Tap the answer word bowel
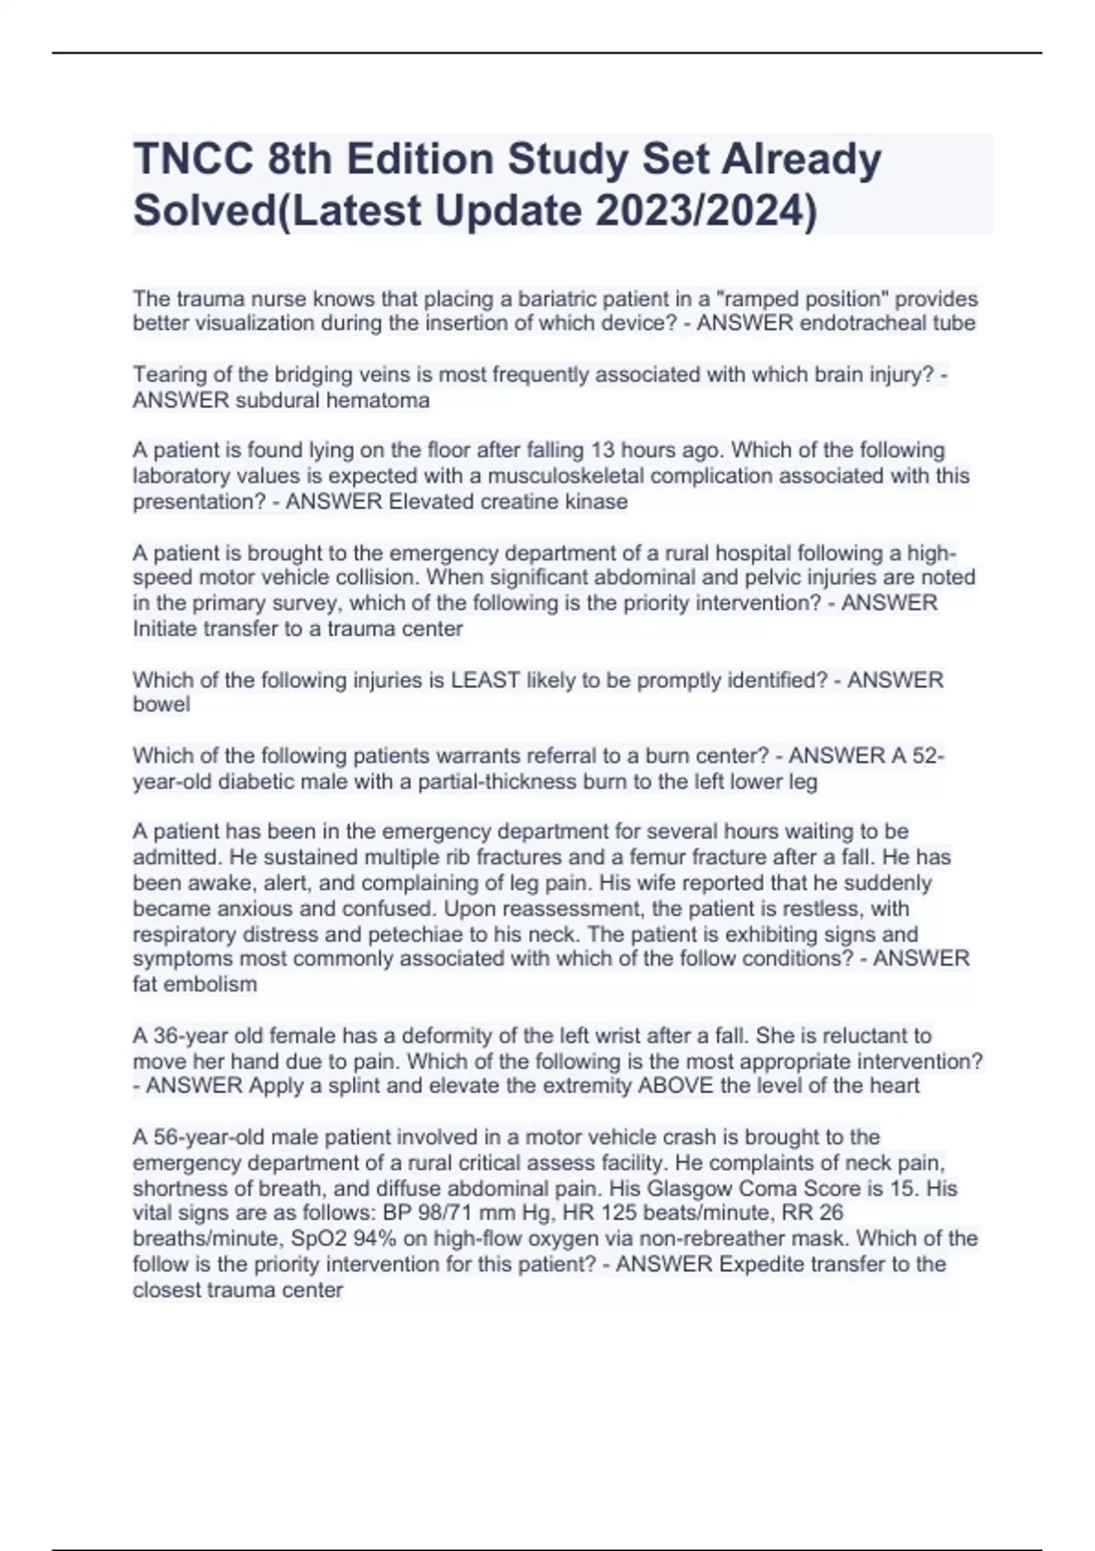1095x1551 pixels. pos(162,704)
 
